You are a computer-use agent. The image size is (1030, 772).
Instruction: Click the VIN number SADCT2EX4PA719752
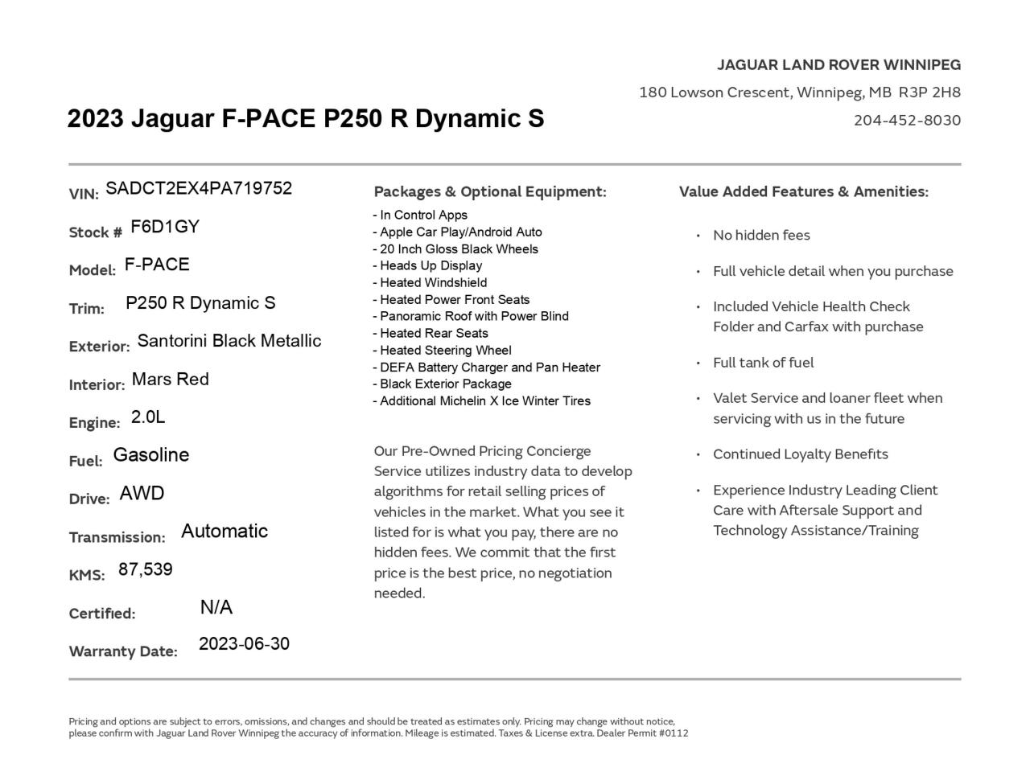(198, 188)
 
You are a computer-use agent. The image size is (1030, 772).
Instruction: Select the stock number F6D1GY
(164, 227)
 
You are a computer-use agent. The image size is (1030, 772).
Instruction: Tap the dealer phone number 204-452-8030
(907, 120)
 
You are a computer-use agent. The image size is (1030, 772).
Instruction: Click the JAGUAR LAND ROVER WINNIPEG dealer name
(838, 64)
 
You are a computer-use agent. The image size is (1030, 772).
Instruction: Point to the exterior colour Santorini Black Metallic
(229, 341)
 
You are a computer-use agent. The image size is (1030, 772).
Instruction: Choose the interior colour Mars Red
(170, 379)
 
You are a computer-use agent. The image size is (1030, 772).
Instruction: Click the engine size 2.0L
(148, 417)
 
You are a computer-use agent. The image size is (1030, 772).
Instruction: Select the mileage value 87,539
(145, 569)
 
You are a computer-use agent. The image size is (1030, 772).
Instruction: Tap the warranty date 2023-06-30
(244, 644)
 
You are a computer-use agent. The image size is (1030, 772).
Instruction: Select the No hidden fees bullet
(761, 235)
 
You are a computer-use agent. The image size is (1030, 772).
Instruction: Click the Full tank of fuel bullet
(763, 363)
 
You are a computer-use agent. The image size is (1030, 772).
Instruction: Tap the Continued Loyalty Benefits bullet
(800, 454)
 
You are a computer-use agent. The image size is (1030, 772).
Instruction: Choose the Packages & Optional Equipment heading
(489, 191)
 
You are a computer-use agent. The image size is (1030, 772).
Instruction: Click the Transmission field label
(117, 537)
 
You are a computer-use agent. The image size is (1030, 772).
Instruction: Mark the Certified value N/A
(216, 607)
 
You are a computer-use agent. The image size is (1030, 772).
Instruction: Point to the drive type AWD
(142, 493)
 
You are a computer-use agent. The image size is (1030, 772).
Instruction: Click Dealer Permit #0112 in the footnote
(642, 733)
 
